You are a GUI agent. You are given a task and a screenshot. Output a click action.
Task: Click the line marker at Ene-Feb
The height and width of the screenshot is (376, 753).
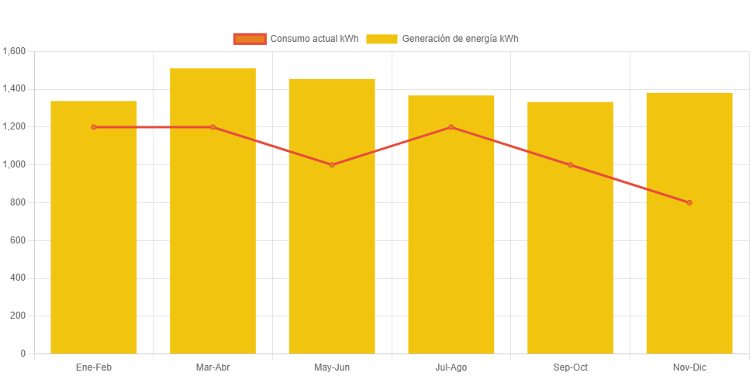(94, 127)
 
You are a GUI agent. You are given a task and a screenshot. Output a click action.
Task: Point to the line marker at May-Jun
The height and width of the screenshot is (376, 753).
(332, 165)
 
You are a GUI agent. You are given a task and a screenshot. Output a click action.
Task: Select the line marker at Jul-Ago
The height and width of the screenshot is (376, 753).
(451, 127)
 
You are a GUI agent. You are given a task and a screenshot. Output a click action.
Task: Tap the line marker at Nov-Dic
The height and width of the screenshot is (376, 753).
(689, 203)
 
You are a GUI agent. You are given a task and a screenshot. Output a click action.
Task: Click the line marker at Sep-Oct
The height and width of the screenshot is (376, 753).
(570, 165)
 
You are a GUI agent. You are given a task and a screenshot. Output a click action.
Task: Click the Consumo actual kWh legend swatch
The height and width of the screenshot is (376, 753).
(250, 39)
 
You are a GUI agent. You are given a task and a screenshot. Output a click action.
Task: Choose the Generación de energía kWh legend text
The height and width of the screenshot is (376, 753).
(460, 39)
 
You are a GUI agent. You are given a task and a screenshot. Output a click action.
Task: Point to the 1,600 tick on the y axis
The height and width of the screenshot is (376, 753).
(15, 51)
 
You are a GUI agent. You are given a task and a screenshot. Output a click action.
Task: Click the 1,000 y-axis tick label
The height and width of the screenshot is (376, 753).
(15, 164)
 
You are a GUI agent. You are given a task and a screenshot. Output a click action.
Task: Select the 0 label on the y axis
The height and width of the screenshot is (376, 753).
(22, 354)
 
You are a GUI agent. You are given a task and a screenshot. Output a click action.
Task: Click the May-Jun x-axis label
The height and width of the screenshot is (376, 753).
(332, 367)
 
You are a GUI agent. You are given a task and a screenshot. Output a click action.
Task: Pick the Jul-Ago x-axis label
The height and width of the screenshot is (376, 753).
(451, 367)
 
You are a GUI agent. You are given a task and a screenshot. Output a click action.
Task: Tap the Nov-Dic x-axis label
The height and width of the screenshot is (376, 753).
(689, 367)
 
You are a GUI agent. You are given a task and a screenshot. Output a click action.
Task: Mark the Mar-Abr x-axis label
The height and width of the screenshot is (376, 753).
(212, 367)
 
